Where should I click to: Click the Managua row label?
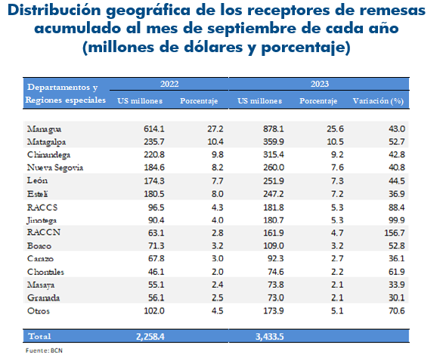click(x=44, y=129)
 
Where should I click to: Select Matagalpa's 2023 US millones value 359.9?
click(x=274, y=142)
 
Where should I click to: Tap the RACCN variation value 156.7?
click(x=395, y=233)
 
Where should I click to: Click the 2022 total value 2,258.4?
click(x=150, y=337)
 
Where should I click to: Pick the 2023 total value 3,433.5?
click(x=270, y=337)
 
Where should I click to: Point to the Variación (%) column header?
click(x=378, y=100)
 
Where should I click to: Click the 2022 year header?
click(x=169, y=84)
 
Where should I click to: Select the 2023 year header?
click(x=320, y=84)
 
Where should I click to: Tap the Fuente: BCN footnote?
click(x=44, y=350)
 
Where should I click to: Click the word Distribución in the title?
click(x=54, y=10)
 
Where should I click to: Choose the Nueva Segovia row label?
click(x=55, y=168)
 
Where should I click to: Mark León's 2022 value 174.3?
click(x=154, y=181)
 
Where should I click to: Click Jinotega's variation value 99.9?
click(x=397, y=220)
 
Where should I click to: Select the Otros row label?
click(x=39, y=311)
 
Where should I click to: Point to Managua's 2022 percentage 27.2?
click(x=215, y=129)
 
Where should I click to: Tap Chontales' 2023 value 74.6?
click(x=276, y=272)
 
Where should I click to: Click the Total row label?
click(x=39, y=336)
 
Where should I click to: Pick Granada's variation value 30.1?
click(x=397, y=298)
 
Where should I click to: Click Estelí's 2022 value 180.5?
click(x=154, y=194)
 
